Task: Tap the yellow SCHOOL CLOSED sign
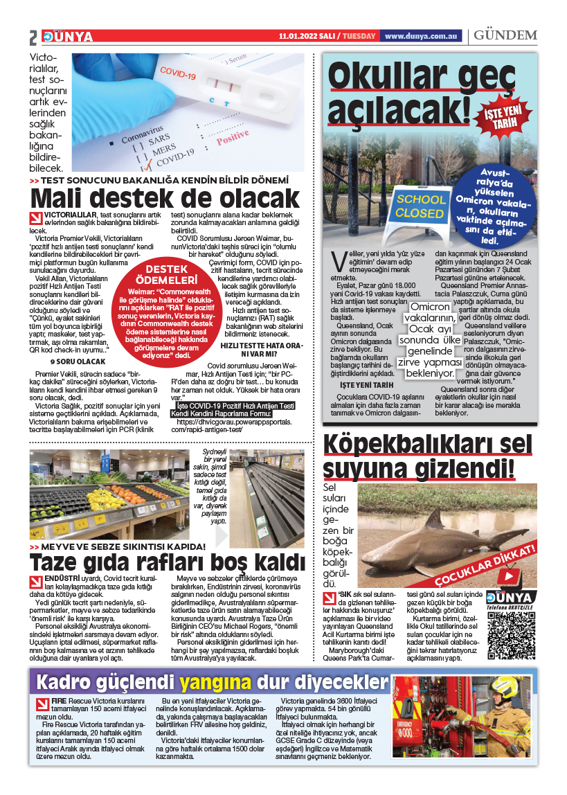point(420,207)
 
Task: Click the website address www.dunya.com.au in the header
point(422,36)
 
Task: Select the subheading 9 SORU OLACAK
point(78,361)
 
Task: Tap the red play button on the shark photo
point(509,575)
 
